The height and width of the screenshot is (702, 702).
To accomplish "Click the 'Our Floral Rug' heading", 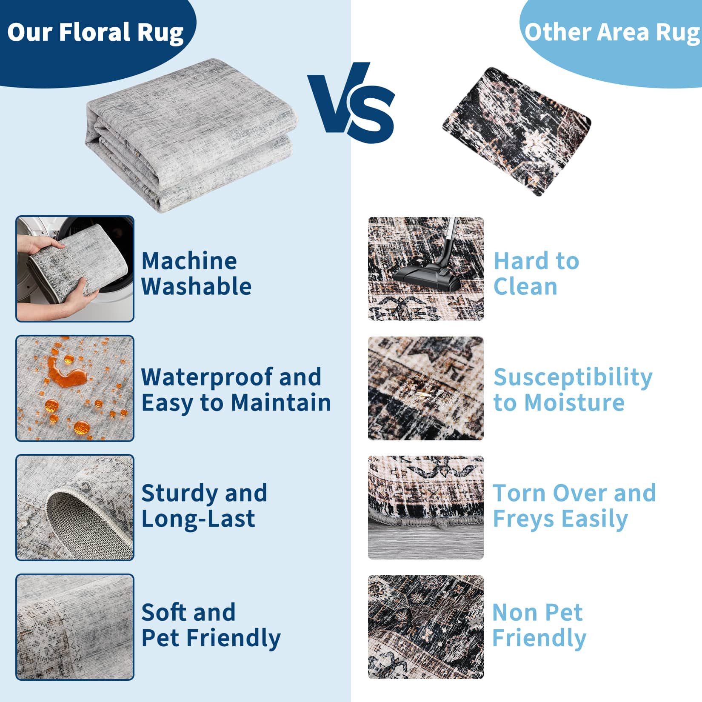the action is coord(95,33).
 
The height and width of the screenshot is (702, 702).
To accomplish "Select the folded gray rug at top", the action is coord(191,135).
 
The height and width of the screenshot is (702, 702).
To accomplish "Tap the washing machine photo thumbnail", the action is coord(75,269).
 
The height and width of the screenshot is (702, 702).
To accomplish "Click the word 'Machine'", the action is coord(189,261).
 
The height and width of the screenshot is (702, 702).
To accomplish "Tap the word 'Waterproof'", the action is coord(207,378).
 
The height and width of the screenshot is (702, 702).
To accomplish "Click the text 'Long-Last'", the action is coord(198,519).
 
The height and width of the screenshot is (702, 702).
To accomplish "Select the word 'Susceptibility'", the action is coord(573,378).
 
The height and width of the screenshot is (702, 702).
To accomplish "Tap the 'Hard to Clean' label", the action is coord(536,274).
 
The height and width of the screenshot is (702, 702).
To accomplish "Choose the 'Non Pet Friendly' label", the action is coord(539,625).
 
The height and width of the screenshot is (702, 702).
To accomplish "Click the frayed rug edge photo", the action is coord(426,507).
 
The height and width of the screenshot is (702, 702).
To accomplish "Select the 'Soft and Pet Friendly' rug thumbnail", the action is coord(75,627).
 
